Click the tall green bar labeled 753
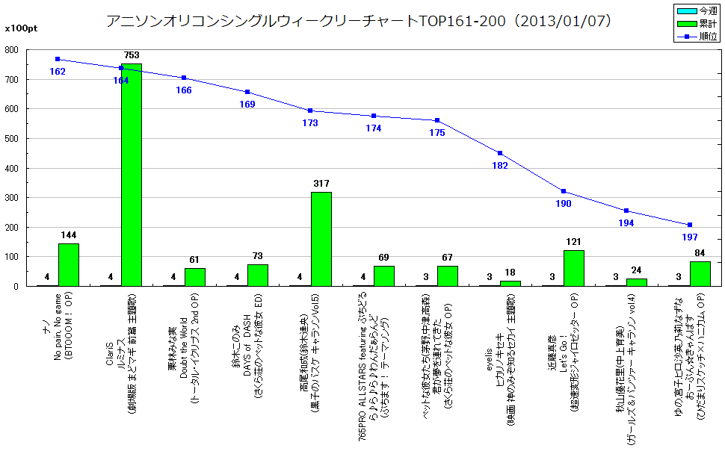132,175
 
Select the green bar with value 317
321,239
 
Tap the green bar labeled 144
69,264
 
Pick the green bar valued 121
574,268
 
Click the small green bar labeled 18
510,283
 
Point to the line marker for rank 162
58,59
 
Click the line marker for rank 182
500,153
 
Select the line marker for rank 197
690,225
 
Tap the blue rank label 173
310,123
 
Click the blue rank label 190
564,204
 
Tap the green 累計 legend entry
697,23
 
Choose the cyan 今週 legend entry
697,11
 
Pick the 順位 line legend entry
697,35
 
